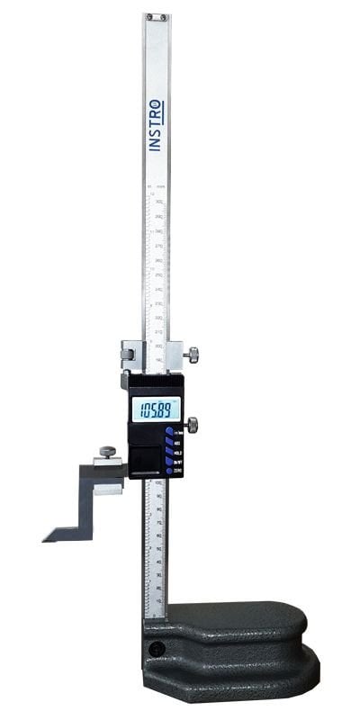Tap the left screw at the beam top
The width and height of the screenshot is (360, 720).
click(x=149, y=16)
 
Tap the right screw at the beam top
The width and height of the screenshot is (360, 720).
click(x=162, y=16)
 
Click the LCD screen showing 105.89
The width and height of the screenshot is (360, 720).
click(x=155, y=409)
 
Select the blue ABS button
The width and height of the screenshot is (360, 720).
click(x=169, y=443)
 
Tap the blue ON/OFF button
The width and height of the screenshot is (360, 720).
click(x=169, y=463)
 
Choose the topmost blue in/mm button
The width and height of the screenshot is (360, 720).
click(x=169, y=433)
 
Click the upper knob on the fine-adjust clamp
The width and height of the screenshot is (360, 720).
click(x=193, y=356)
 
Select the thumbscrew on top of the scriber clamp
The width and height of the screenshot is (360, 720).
click(x=108, y=451)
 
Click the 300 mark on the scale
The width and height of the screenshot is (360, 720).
click(x=159, y=202)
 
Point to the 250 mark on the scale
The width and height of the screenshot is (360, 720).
click(x=159, y=275)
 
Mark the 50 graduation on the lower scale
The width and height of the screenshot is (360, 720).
click(x=159, y=548)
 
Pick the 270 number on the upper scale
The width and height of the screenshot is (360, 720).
click(x=159, y=246)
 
